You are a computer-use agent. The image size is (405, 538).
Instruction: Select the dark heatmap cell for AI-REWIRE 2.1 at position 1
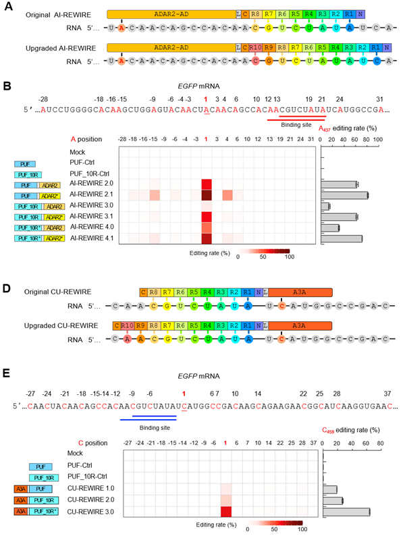207,195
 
